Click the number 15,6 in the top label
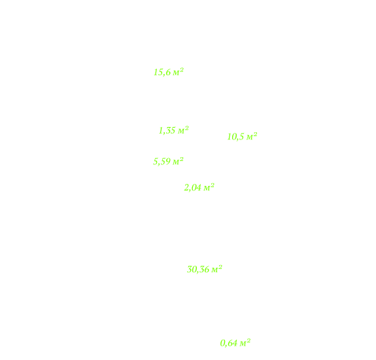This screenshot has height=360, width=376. [x=162, y=72]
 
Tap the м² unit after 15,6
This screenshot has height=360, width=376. [x=178, y=72]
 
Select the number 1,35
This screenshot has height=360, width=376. [x=167, y=130]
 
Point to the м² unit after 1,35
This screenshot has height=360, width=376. [x=183, y=130]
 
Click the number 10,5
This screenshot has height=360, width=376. [x=235, y=137]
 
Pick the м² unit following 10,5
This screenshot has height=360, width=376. [x=252, y=137]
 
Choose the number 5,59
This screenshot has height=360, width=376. [x=162, y=162]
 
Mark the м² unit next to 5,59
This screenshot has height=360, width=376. [x=178, y=161]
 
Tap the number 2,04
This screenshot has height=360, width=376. [x=192, y=188]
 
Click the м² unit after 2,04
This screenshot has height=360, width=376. [x=209, y=187]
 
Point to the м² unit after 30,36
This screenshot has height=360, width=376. [x=217, y=269]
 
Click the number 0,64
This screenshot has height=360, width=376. [x=229, y=343]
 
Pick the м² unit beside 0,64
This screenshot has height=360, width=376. [x=245, y=343]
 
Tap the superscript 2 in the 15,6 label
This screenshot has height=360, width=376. [x=182, y=70]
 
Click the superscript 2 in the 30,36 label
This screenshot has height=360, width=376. [x=220, y=267]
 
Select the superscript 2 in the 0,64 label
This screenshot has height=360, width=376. [x=248, y=341]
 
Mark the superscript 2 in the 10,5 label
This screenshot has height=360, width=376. [x=256, y=134]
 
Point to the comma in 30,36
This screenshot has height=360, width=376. [x=197, y=272]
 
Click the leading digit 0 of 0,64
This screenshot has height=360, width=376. [x=222, y=343]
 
